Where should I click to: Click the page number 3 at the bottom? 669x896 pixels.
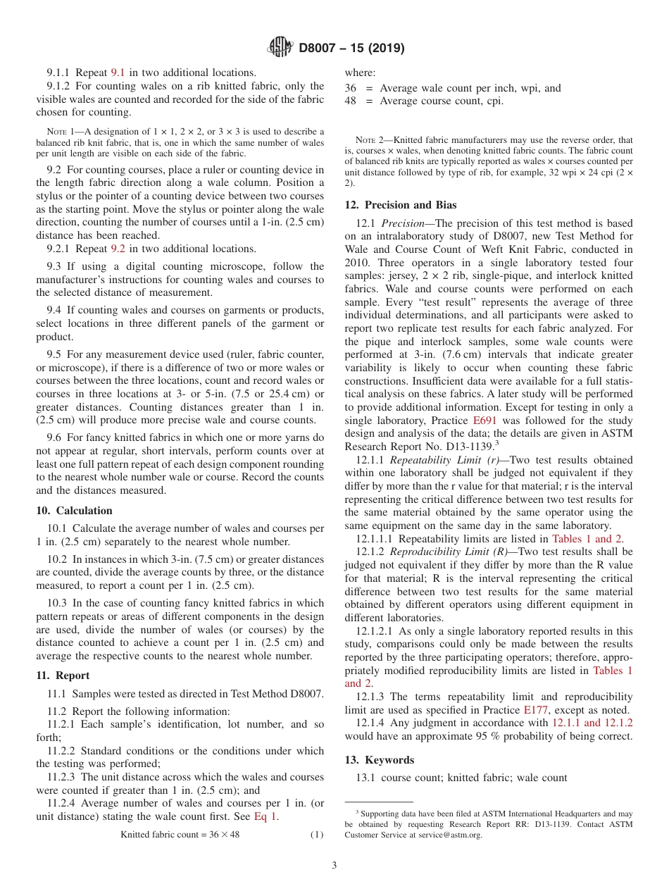(334, 866)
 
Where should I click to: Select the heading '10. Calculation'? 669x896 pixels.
(74, 511)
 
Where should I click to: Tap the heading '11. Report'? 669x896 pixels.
(63, 676)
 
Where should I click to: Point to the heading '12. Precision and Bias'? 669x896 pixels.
(401, 205)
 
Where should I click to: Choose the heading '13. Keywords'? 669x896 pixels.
(379, 760)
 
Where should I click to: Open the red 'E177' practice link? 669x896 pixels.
(535, 710)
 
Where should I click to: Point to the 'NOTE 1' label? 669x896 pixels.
(61, 132)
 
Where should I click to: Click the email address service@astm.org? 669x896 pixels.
(449, 835)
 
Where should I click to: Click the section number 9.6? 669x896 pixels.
(56, 437)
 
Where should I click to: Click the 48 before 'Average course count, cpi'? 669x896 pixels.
(350, 101)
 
